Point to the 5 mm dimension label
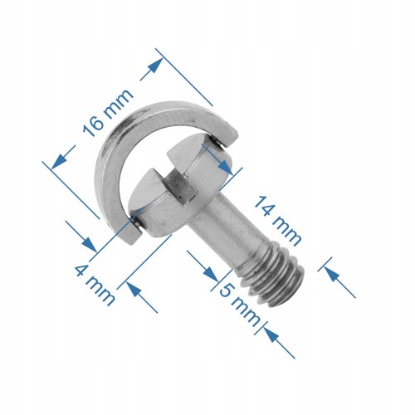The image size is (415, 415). click(236, 301)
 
